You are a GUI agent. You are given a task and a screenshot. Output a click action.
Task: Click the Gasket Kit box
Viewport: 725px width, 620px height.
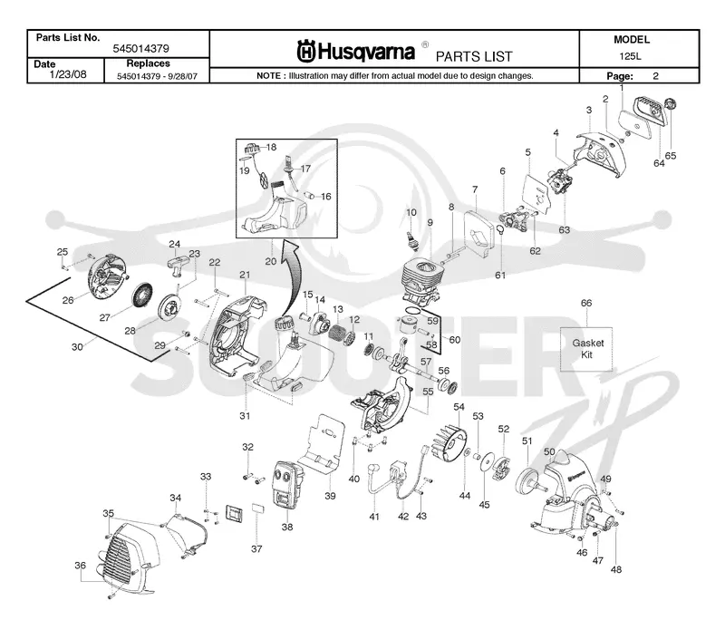[x=586, y=349]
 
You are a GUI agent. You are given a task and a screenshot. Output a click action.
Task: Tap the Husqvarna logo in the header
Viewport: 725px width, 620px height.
[x=355, y=52]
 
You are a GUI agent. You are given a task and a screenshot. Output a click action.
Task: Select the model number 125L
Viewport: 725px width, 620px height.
[x=630, y=56]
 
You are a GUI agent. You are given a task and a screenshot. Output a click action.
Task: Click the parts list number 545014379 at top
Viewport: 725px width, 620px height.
[x=141, y=49]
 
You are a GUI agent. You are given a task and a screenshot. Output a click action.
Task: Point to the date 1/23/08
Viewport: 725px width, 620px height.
[x=67, y=74]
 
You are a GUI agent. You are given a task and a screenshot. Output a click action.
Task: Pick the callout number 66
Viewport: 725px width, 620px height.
[x=585, y=303]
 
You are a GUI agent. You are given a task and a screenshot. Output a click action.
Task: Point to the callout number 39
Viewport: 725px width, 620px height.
[x=330, y=496]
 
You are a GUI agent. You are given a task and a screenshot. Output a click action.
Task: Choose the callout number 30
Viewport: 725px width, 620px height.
[x=77, y=347]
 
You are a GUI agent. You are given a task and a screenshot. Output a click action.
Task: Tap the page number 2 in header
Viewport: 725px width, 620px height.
[x=655, y=76]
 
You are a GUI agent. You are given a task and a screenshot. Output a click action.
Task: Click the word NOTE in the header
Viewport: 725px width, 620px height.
[x=268, y=76]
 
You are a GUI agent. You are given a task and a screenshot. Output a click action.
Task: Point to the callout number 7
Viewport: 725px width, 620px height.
[x=475, y=189]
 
